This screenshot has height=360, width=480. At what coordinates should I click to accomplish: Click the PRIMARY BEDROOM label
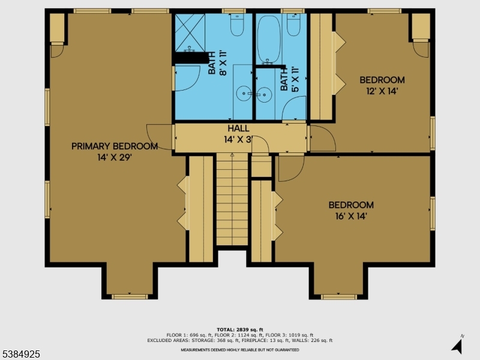tap(115, 146)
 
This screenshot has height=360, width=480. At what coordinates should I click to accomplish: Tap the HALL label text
tap(238, 128)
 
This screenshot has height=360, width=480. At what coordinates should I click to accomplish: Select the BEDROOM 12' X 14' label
tap(382, 80)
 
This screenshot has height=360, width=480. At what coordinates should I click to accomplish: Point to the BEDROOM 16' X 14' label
tap(350, 205)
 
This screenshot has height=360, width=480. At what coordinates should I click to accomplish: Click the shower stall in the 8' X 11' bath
tap(188, 31)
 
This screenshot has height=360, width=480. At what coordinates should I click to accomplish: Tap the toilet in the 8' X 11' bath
tap(236, 26)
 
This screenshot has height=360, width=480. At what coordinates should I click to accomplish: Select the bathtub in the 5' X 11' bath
tap(268, 38)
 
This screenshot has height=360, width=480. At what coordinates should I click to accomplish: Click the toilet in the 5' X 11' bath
tap(293, 25)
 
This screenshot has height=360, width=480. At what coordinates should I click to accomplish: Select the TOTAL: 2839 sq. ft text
tap(239, 330)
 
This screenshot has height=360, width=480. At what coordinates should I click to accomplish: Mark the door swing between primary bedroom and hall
tap(158, 135)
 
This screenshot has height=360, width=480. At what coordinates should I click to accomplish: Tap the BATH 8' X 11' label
tap(217, 63)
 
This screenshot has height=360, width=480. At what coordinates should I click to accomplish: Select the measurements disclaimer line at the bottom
tap(239, 350)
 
